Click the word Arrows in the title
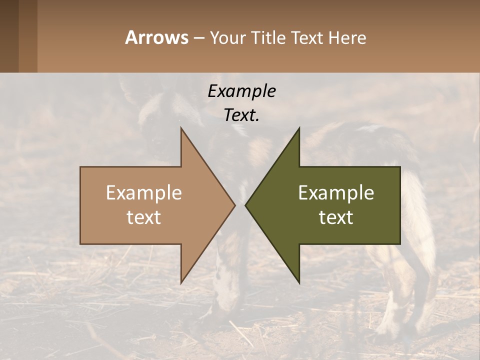tap(156, 37)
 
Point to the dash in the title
tap(198, 38)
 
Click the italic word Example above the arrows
tap(241, 91)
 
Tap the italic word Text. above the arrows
tap(241, 115)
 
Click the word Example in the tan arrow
tap(144, 192)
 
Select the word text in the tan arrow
tap(144, 217)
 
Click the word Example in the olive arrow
tap(336, 192)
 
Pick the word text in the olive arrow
tap(336, 217)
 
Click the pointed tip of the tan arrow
tap(234, 205)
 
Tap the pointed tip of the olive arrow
tap(245, 205)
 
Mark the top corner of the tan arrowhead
tap(181, 129)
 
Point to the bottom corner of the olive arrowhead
tap(299, 282)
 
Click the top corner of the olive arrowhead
tap(299, 129)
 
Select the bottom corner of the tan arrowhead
tap(181, 282)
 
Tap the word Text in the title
tap(307, 38)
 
